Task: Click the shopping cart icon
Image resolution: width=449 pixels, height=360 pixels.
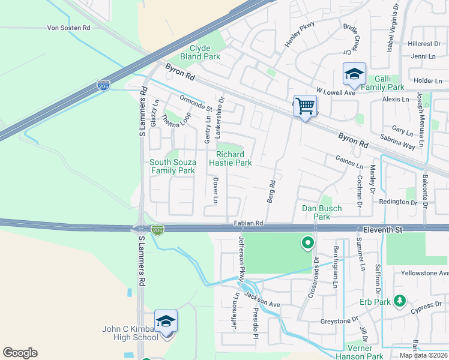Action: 306,107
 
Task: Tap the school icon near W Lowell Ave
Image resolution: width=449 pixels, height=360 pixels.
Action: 354,74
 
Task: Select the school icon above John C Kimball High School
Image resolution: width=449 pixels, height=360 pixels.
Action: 166,321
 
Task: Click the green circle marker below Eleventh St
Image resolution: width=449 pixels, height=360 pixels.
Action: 308,243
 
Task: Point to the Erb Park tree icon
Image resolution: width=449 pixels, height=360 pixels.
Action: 399,301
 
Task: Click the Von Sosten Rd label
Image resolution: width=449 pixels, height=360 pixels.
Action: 68,28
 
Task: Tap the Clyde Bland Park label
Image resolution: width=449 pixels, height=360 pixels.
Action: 205,52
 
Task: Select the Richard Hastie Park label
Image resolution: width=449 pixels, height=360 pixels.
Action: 230,158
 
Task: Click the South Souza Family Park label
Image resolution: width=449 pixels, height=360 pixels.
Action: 172,166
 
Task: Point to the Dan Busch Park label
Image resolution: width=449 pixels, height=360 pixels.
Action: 322,212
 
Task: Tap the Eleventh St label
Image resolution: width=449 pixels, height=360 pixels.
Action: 385,229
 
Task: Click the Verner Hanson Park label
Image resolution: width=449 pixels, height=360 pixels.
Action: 364,352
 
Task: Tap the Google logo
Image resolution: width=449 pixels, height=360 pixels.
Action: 20,353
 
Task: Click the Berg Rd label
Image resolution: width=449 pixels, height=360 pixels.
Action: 271,191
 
